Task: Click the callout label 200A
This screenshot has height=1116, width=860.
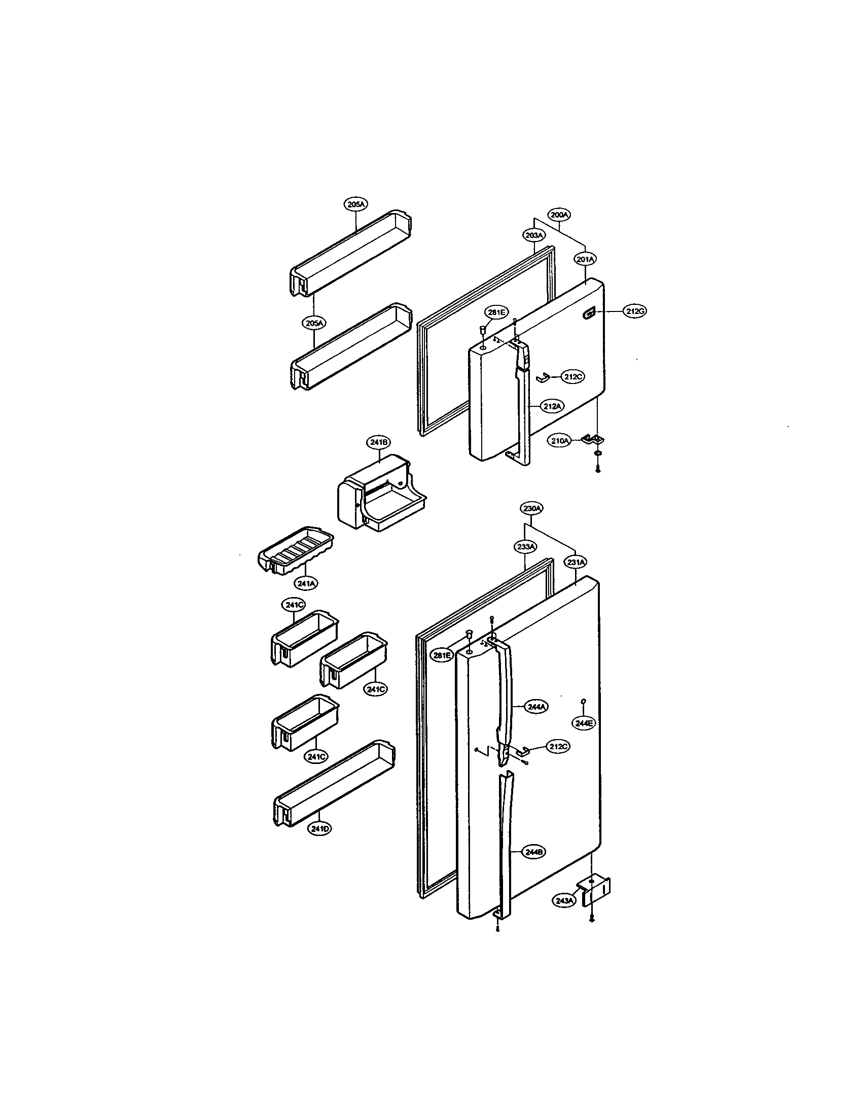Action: [559, 215]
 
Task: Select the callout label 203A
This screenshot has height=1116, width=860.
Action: [534, 235]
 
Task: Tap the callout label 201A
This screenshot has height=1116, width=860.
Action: [585, 260]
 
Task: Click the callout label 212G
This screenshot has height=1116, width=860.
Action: [634, 311]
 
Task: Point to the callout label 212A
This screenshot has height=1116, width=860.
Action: [553, 406]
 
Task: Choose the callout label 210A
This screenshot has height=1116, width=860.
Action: [560, 440]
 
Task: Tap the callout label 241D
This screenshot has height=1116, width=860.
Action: [319, 829]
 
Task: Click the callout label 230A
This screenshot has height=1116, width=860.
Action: [532, 508]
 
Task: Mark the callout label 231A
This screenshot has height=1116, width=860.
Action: [575, 562]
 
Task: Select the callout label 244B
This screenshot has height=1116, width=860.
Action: [533, 852]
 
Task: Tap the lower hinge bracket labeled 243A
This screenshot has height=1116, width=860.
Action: [595, 891]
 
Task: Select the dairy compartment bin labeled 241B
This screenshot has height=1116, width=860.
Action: [380, 493]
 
